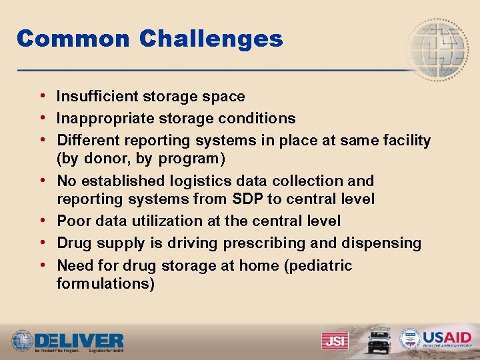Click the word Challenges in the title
point(211,39)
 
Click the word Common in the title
point(73,39)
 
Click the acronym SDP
point(248,199)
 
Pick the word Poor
point(71,221)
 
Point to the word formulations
point(105,284)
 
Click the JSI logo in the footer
point(335,341)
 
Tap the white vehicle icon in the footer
point(379,339)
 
